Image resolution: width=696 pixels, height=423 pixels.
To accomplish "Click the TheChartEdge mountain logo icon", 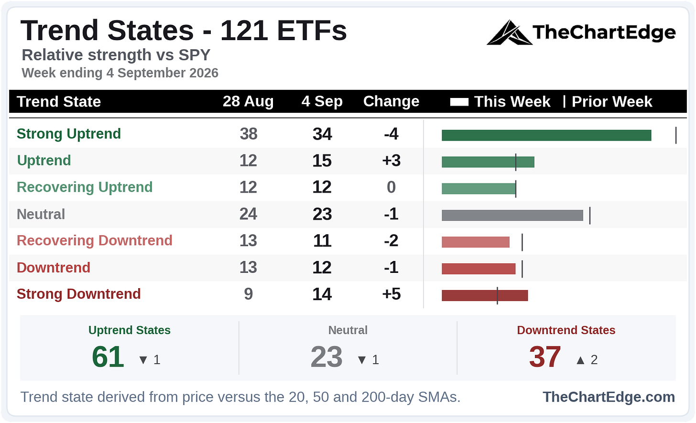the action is coord(509,33).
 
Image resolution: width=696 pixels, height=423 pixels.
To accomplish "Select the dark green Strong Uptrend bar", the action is coord(546,135).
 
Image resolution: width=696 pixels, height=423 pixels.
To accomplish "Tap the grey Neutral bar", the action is coord(512,215).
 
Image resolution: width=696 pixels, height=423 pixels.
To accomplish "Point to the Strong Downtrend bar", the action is coord(485,295).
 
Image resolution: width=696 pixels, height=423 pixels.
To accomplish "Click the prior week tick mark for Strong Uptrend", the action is coord(676,135).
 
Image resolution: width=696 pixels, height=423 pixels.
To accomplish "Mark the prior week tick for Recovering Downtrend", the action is coord(522,242).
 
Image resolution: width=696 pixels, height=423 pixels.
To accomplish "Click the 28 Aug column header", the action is coord(248,101).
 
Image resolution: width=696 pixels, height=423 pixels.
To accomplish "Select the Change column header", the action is coord(391,101).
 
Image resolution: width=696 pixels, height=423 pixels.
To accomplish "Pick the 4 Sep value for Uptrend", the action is coord(322,161).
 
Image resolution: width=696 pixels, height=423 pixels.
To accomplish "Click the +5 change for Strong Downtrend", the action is coord(391,294).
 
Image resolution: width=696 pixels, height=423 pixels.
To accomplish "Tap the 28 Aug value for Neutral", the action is coord(248,214).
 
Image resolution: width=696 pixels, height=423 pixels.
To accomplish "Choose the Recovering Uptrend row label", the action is coord(85,187).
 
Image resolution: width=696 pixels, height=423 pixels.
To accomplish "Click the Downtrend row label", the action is coord(54,267).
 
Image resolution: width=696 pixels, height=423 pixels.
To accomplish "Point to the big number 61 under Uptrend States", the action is coord(108,357).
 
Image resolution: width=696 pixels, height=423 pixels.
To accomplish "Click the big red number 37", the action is coord(545,357).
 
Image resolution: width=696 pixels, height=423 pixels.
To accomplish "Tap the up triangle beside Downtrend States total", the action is coord(580,360).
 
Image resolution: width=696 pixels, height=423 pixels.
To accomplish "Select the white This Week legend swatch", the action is coord(459,102).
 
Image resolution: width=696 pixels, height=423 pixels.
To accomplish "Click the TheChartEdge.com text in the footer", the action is coord(609,397).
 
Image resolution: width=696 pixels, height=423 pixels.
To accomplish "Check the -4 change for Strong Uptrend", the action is coord(391,134).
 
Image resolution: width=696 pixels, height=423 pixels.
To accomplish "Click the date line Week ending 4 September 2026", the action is coord(120,73).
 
